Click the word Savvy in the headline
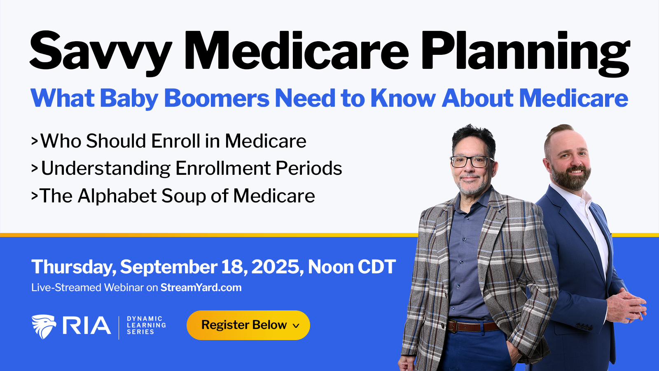click(100, 53)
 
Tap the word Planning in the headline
click(525, 53)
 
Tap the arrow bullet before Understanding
click(35, 168)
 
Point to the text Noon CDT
click(352, 267)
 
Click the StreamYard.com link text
click(201, 287)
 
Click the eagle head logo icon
click(44, 326)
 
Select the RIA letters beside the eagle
click(87, 325)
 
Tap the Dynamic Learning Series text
click(146, 325)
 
